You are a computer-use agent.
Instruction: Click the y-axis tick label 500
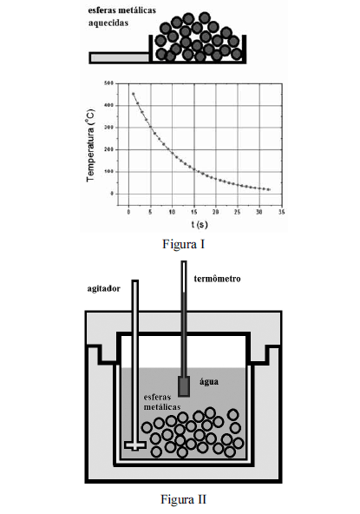point(109,83)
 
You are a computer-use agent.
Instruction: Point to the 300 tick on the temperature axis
point(109,127)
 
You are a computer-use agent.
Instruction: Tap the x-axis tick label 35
point(281,212)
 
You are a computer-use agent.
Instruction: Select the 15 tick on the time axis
point(194,212)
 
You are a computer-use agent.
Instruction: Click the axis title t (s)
point(200,224)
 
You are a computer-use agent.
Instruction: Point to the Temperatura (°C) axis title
point(91,146)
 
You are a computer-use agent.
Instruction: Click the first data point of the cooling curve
point(134,94)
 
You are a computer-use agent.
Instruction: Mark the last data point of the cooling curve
point(269,189)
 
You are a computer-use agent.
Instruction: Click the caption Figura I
point(183,244)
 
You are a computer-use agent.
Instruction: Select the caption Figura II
point(183,499)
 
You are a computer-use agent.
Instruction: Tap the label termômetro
point(217,279)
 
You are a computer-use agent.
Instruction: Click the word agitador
point(103,289)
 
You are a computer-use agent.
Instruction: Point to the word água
point(209,382)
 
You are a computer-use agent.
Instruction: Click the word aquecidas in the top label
point(108,23)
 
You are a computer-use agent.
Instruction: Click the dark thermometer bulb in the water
point(184,386)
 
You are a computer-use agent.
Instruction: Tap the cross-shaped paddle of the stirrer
point(135,445)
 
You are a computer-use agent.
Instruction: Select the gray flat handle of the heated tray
point(119,57)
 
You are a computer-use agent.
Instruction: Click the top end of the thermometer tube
point(184,261)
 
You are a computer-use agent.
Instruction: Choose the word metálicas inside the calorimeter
point(162,407)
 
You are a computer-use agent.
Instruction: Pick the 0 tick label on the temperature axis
point(112,194)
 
